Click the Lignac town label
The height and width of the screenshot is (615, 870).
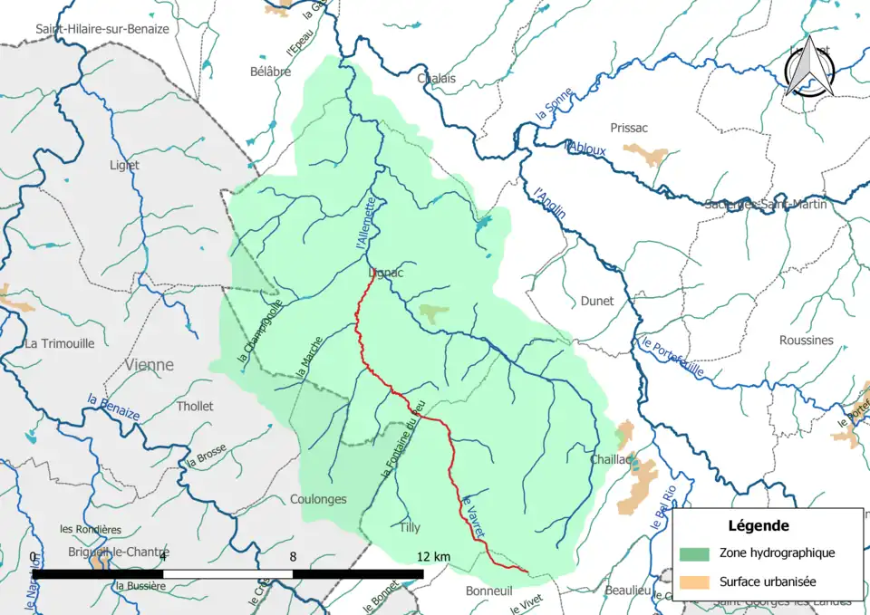click(386, 272)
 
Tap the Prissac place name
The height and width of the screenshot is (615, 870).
click(630, 128)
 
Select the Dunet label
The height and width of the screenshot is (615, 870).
click(597, 301)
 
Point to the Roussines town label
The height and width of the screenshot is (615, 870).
click(806, 340)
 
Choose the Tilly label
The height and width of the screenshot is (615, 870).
click(410, 526)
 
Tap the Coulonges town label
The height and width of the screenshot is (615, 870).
click(318, 499)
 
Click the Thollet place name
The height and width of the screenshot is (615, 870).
click(195, 406)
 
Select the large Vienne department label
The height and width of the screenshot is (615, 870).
click(150, 365)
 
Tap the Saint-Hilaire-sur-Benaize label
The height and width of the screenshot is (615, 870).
click(102, 29)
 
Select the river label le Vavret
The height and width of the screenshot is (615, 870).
click(474, 515)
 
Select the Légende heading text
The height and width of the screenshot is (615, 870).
click(758, 525)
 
